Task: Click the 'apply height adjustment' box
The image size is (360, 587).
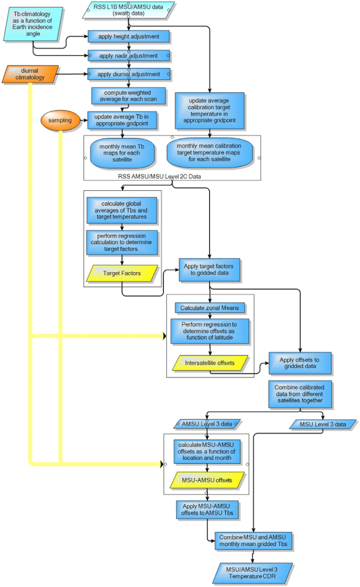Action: click(129, 36)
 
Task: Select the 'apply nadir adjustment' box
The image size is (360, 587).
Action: click(129, 56)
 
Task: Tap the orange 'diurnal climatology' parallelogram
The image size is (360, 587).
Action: click(30, 74)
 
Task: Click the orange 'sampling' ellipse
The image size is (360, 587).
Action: click(60, 120)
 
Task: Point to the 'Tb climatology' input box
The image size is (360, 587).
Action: click(33, 24)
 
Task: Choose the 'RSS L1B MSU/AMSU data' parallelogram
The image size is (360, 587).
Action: click(129, 10)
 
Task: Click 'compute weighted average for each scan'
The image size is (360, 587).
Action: click(129, 96)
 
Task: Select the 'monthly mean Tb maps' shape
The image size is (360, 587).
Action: click(122, 153)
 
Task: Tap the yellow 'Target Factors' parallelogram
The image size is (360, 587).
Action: click(122, 273)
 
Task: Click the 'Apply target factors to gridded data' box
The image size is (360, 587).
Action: click(210, 269)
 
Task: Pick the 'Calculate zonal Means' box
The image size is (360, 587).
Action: click(210, 308)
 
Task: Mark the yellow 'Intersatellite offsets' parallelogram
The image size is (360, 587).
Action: click(210, 363)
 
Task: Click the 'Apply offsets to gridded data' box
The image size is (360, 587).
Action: click(300, 363)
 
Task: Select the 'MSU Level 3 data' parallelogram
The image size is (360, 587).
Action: click(323, 424)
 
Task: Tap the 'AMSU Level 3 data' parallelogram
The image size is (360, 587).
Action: click(207, 424)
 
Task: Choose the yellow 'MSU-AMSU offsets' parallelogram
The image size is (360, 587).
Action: click(207, 480)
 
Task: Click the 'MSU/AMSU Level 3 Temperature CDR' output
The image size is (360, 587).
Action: click(252, 573)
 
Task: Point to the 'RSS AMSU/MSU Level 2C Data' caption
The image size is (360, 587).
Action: click(159, 176)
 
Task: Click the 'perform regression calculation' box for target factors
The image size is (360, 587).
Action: click(122, 242)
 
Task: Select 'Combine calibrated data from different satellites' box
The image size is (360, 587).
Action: click(300, 394)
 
